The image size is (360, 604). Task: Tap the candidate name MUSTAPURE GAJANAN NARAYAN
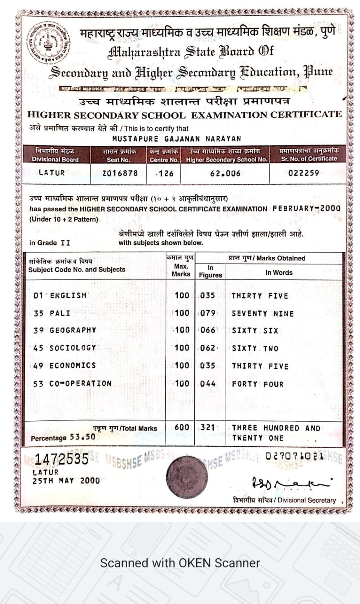(x=176, y=139)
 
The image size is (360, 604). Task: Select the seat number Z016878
(x=120, y=173)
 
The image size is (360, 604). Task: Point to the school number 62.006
(x=225, y=173)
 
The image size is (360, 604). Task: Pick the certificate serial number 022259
(x=303, y=173)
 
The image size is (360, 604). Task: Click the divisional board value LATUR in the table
(x=52, y=173)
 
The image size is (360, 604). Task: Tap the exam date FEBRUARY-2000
(x=306, y=208)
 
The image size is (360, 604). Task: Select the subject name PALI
(x=60, y=313)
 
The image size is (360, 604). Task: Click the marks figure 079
(x=208, y=313)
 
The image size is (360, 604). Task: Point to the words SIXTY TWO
(x=255, y=348)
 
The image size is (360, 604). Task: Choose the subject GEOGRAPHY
(x=73, y=330)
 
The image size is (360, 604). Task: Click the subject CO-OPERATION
(x=80, y=384)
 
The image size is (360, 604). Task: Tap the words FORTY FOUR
(x=258, y=384)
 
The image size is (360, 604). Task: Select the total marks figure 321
(x=208, y=427)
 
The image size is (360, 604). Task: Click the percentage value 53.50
(x=82, y=437)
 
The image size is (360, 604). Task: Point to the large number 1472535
(x=62, y=459)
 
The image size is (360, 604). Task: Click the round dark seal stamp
(x=187, y=476)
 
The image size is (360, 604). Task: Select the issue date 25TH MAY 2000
(x=66, y=481)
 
